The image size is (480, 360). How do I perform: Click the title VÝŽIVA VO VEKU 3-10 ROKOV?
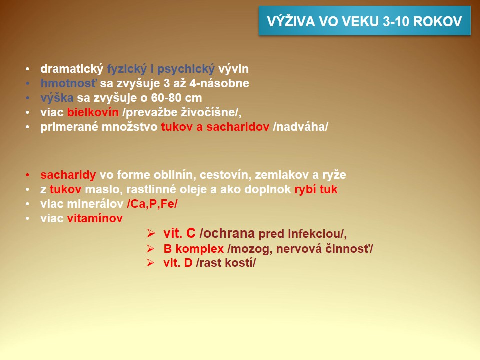(364, 21)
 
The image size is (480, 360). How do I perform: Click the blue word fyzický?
(127, 69)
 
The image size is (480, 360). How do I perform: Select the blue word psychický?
(186, 69)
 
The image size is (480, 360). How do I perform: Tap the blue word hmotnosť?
(69, 83)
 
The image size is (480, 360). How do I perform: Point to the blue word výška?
(57, 98)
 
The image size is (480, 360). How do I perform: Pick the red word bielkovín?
(93, 112)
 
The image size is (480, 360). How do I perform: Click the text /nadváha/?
(300, 127)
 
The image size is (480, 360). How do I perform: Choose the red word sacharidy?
(68, 175)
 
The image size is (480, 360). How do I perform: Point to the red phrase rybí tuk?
(316, 190)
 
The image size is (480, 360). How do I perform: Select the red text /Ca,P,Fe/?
(152, 204)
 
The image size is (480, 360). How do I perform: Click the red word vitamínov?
(95, 218)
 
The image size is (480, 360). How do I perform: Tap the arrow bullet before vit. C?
(151, 233)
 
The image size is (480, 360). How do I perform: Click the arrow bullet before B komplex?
(151, 249)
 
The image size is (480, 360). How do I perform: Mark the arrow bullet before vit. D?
(151, 263)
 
